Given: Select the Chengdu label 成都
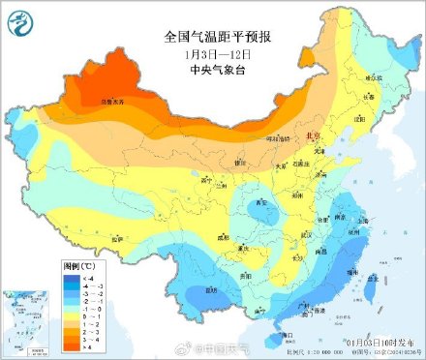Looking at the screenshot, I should (225, 235).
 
